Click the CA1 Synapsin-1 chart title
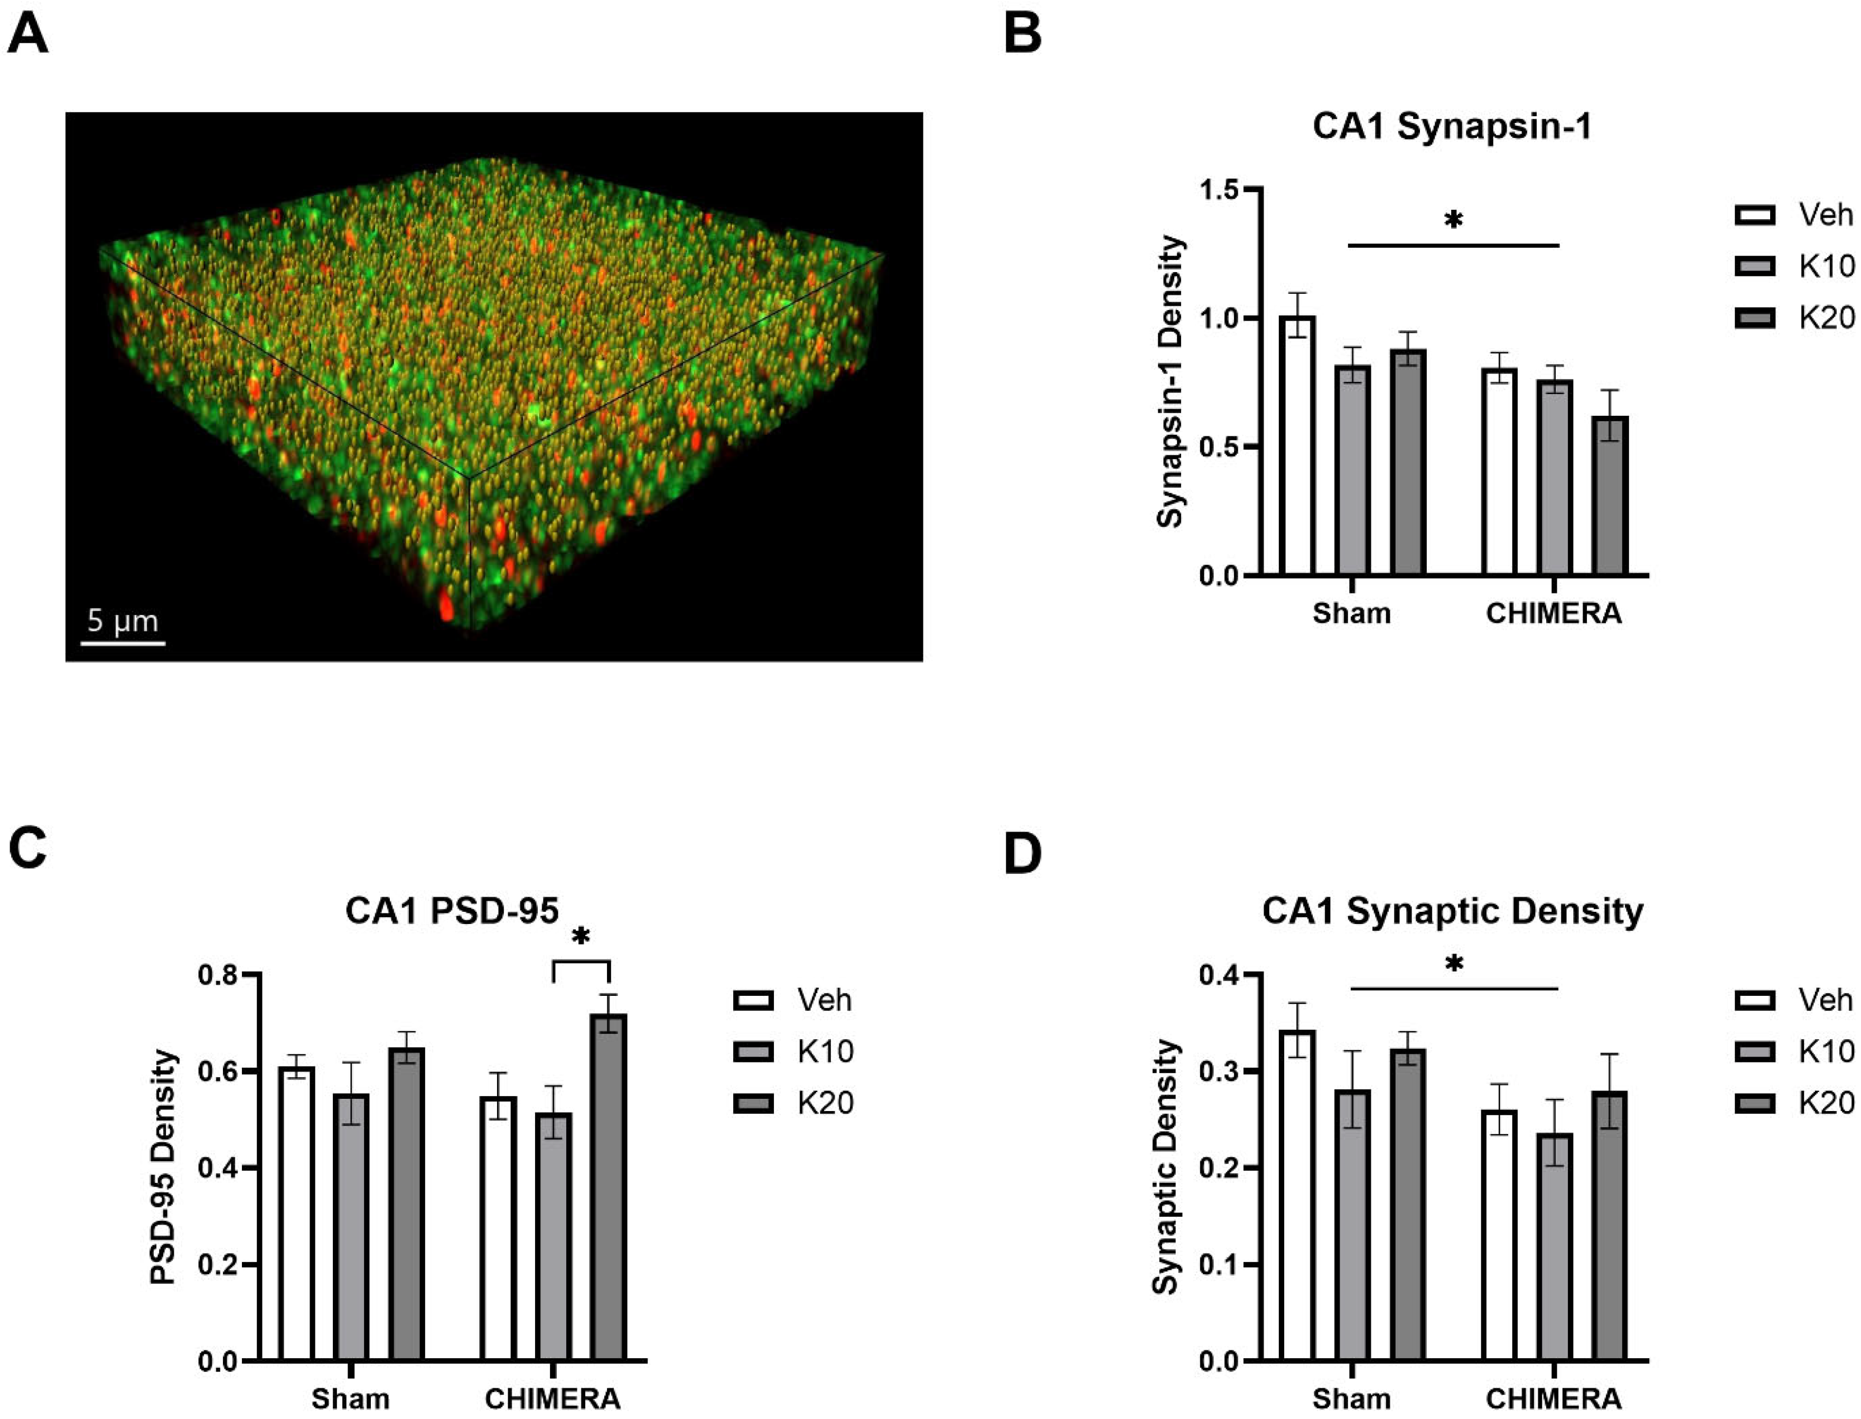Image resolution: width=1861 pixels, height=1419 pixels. tap(1452, 127)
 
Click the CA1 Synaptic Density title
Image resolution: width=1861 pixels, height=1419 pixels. tap(1452, 911)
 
